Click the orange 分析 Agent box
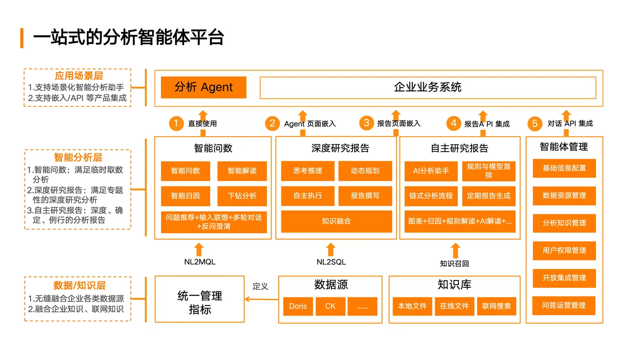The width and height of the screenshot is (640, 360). pos(203,87)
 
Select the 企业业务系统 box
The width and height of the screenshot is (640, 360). pos(427,87)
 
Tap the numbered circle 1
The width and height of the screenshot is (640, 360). pos(176,123)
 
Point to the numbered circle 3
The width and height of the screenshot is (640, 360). pos(367,123)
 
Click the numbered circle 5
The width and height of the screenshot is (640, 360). pos(534,123)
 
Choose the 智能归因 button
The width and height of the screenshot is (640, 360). pos(185,196)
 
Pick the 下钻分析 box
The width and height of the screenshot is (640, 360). pos(242,196)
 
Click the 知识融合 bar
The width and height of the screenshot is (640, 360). pos(336,222)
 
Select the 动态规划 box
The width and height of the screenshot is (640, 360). pos(365,171)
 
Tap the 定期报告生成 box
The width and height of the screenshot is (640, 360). pos(488,196)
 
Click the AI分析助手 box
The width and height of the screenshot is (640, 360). pos(431,171)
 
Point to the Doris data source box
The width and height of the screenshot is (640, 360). pos(298,306)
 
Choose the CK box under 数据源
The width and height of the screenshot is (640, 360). pos(330,306)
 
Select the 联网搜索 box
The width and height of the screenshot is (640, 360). pos(496,306)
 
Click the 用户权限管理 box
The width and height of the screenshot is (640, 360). pos(564,250)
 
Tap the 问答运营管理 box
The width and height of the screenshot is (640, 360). pos(564,305)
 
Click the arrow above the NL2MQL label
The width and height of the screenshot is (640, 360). pos(198,249)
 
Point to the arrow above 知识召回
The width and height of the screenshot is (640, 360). pos(455,250)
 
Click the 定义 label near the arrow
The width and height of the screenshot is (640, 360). pos(261,286)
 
